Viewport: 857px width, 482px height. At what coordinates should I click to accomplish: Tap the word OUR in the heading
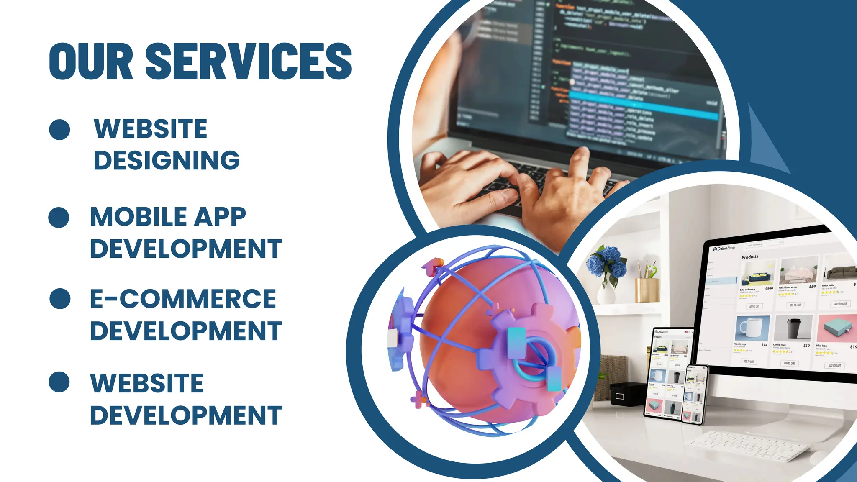91,61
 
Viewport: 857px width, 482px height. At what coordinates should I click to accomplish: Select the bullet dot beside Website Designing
59,129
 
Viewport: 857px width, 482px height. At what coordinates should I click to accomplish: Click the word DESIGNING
167,160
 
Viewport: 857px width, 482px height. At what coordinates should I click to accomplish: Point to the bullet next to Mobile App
59,217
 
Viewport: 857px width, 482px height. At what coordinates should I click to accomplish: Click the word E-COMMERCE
183,299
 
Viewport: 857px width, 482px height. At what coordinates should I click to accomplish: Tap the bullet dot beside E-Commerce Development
60,299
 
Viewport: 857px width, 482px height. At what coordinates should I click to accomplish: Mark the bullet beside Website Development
59,382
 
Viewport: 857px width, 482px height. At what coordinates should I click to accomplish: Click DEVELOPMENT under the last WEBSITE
186,415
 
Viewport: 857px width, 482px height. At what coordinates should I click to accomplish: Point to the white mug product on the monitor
752,328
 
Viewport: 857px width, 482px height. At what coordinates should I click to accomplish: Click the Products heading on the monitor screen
749,257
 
